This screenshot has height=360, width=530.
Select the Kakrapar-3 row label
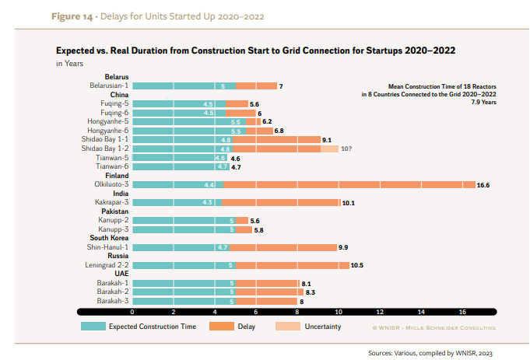coord(111,202)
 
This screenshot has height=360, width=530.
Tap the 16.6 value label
coord(483,185)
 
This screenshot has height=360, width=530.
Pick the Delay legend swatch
coord(218,327)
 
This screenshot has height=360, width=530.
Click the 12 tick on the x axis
coord(380,312)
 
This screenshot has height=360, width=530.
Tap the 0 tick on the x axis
coord(132,312)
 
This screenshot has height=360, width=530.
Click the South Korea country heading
coord(109,238)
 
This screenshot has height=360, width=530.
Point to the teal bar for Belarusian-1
coord(184,86)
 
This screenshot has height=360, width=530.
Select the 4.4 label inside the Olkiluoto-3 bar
coord(209,185)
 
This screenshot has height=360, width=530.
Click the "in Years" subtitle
coord(70,63)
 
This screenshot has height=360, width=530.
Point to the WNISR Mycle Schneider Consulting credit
coord(433,327)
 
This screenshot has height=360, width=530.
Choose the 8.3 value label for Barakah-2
coord(311,292)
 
